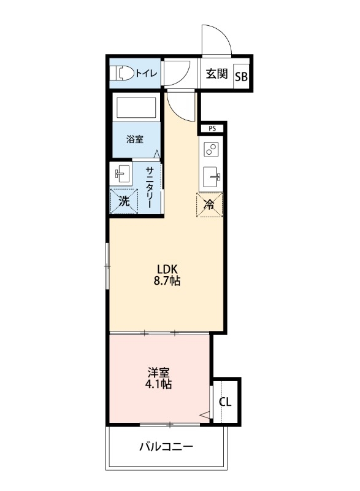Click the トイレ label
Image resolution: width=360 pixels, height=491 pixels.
(x=146, y=74)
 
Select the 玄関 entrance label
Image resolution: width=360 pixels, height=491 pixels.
(x=216, y=74)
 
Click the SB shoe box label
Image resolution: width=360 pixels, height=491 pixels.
(x=241, y=77)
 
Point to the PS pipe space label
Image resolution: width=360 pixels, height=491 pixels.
(x=212, y=129)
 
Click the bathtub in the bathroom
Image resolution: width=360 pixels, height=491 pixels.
(x=136, y=109)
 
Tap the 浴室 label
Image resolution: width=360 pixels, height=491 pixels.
(x=135, y=139)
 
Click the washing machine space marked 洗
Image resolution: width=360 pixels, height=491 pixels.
(x=124, y=201)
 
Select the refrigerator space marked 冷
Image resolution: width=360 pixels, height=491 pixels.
(x=209, y=204)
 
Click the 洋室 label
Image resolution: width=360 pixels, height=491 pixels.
(x=158, y=372)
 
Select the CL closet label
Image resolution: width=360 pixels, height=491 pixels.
(x=225, y=402)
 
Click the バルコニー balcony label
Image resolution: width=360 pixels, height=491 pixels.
(x=166, y=446)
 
